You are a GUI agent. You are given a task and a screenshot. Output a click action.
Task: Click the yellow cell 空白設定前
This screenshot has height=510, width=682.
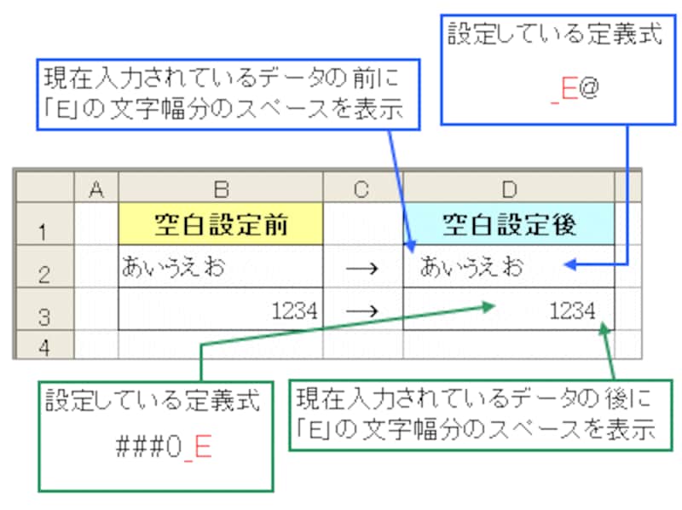pyautogui.click(x=220, y=224)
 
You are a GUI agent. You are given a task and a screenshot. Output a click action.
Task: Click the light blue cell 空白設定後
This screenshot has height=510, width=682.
pyautogui.click(x=508, y=224)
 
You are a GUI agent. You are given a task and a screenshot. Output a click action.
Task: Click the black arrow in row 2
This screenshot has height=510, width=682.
pyautogui.click(x=362, y=268)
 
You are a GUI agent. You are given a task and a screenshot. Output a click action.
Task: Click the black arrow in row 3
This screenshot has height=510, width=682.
pyautogui.click(x=362, y=311)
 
